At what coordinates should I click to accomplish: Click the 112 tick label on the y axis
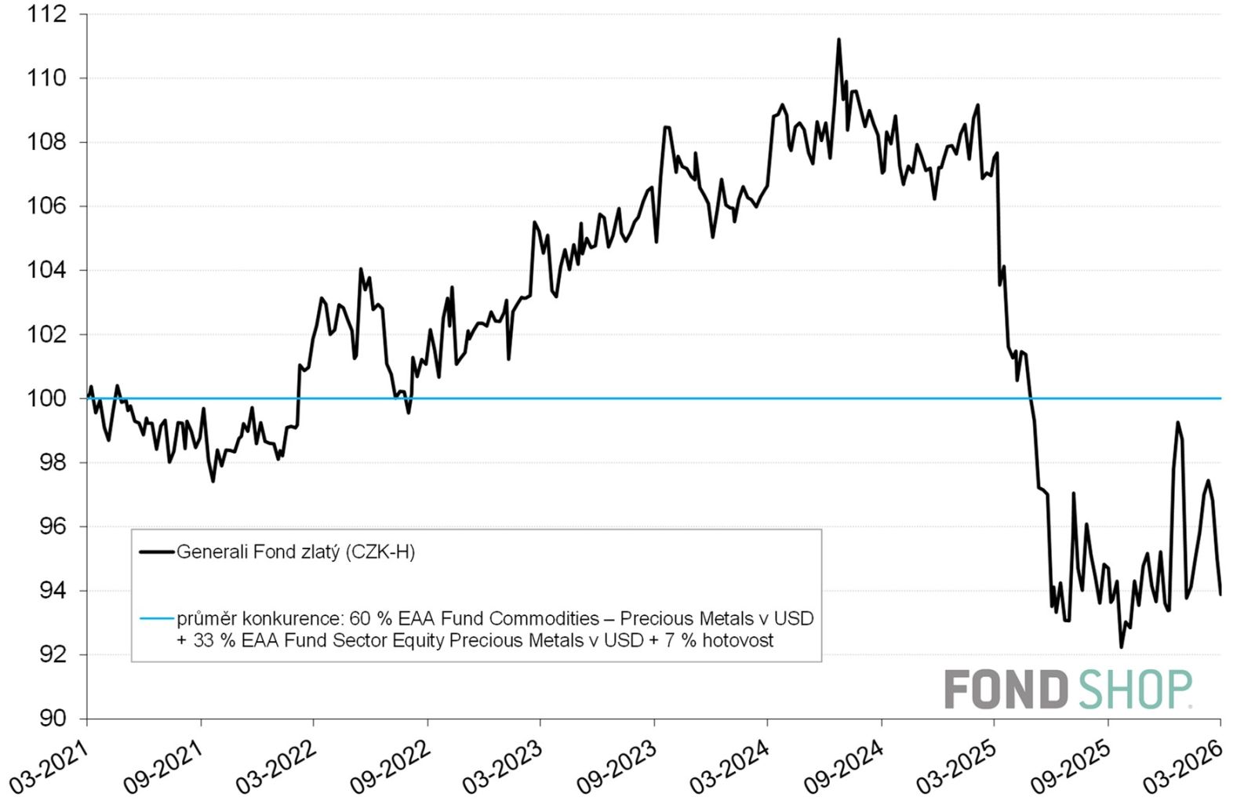coord(46,14)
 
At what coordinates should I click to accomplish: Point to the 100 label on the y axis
coord(46,399)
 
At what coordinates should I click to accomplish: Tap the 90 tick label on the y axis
coord(53,719)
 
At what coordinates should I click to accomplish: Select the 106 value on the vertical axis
coord(46,206)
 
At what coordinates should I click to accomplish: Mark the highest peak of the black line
coord(838,39)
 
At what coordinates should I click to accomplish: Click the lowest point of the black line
coord(1121,647)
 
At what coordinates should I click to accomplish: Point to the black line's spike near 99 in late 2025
coord(1177,423)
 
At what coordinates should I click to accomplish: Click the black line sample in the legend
coord(156,552)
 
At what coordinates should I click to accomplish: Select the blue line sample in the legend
coord(156,619)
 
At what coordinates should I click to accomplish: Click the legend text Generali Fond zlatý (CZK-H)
coord(296,552)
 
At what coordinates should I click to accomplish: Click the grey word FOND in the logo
coord(1006,690)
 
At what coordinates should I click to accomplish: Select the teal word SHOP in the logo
coord(1134,690)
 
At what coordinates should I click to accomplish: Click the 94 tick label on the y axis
coord(53,591)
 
